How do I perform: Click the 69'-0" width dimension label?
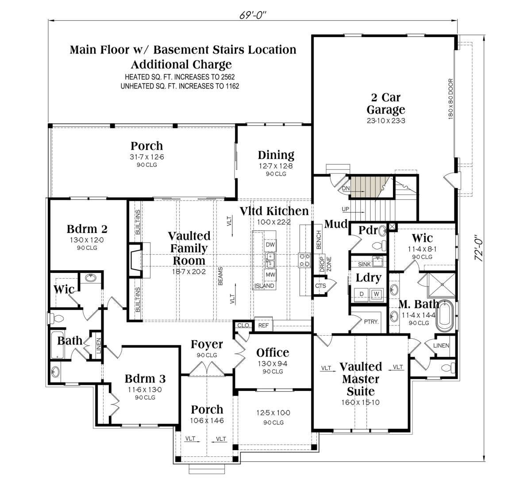click(252, 15)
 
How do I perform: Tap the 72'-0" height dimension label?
click(479, 248)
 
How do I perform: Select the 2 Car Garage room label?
click(386, 103)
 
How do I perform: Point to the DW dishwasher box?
click(270, 245)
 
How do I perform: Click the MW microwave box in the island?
click(270, 275)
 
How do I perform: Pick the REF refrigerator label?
click(263, 325)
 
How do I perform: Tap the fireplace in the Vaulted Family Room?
click(136, 260)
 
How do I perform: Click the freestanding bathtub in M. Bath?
click(445, 316)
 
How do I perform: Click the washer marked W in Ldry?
click(376, 294)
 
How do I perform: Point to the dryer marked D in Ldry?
click(362, 294)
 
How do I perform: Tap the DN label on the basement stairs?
click(346, 188)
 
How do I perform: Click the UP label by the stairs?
click(345, 209)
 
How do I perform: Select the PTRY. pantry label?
click(371, 321)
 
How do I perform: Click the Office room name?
click(273, 352)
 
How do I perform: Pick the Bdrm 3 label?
click(145, 379)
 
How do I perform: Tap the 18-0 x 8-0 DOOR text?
click(451, 99)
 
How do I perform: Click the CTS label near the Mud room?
click(320, 286)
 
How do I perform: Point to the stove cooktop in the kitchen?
click(304, 260)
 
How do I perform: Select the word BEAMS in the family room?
click(220, 276)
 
